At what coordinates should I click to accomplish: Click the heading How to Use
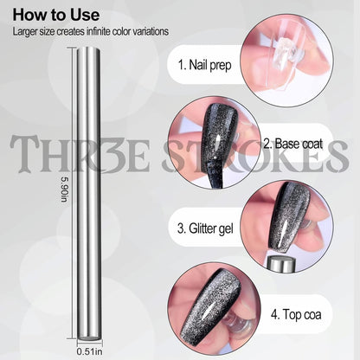tap(56, 15)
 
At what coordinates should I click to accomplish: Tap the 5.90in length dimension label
tap(64, 190)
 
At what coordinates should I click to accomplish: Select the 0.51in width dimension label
tap(89, 351)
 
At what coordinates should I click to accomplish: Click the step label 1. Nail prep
tap(204, 65)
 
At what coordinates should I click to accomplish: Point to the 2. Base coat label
tap(293, 144)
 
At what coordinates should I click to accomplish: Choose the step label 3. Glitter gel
tap(205, 228)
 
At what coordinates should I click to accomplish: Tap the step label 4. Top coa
tap(296, 314)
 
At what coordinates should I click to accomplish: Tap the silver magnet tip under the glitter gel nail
tap(281, 263)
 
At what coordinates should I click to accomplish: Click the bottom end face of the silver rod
tap(89, 337)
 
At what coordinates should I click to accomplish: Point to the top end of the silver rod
tap(89, 50)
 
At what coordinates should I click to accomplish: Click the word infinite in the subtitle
tap(99, 31)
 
